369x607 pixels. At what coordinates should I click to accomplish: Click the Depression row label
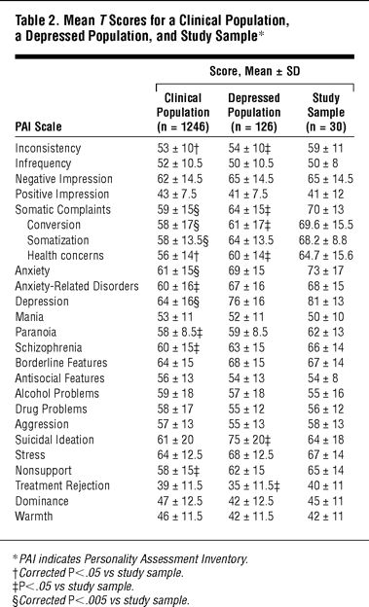click(42, 302)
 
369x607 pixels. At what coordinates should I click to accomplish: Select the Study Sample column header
click(325, 112)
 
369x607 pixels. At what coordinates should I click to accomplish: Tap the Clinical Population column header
click(183, 112)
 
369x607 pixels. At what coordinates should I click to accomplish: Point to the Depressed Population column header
click(254, 112)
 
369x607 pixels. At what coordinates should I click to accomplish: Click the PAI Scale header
click(38, 126)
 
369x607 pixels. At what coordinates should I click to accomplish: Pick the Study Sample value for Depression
click(325, 302)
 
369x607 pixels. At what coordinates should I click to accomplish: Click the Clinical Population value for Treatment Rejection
click(180, 485)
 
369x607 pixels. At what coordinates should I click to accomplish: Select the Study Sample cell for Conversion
click(326, 225)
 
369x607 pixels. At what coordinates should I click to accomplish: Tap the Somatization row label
click(57, 240)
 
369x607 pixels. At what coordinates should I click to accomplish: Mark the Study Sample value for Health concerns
click(326, 256)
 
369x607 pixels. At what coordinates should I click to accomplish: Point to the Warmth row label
click(34, 517)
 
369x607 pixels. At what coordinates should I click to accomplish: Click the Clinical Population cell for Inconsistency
click(178, 148)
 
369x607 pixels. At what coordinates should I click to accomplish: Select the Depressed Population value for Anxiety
click(246, 271)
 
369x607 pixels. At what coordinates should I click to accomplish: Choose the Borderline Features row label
click(61, 363)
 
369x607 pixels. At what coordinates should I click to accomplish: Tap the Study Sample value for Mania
click(325, 317)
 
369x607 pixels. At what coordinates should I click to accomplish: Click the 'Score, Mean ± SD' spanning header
click(255, 71)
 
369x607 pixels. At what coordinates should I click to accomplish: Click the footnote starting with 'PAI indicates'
click(130, 559)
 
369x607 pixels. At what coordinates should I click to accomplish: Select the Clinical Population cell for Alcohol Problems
click(175, 394)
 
